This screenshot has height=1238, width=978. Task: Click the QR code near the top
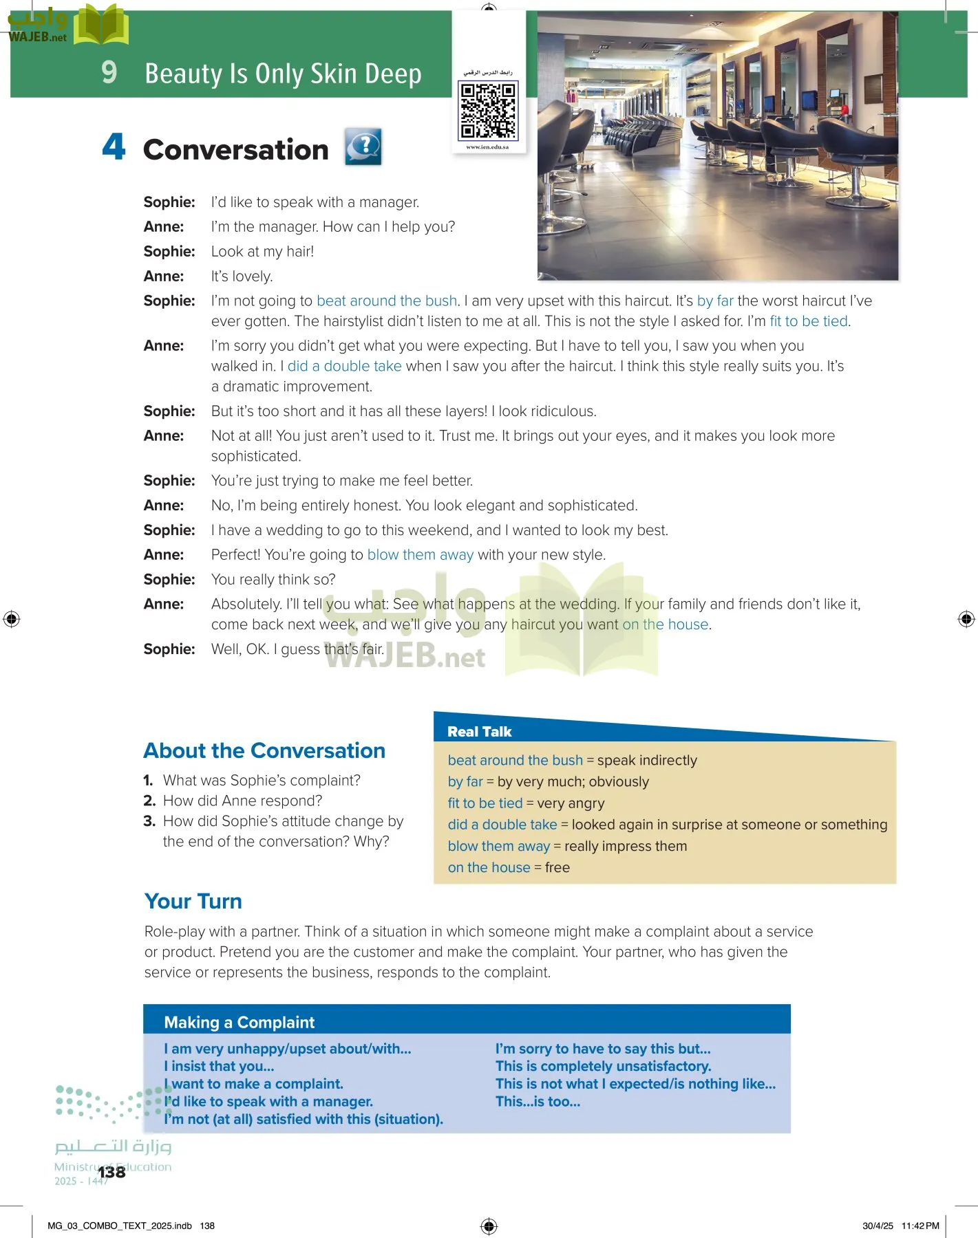pos(488,110)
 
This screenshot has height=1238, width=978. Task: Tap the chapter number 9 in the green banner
pos(109,72)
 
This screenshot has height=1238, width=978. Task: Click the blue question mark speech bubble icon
pos(363,146)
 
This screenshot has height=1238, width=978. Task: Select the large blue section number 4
pos(114,146)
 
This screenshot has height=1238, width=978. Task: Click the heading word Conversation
pos(235,150)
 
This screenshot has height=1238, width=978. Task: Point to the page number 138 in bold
pos(111,1172)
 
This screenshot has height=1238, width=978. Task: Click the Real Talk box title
pos(479,732)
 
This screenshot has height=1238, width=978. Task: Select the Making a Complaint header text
pos(239,1023)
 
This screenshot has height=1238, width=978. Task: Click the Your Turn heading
pos(193,901)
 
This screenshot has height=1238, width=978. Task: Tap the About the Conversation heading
pos(264,750)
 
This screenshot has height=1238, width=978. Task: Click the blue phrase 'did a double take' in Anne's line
pos(344,366)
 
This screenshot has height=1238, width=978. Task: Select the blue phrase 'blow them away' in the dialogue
pos(420,554)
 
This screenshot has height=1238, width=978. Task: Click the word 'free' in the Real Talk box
pos(557,867)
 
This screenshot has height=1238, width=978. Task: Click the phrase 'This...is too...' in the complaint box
pos(538,1101)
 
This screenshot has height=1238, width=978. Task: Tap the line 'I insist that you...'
pos(219,1066)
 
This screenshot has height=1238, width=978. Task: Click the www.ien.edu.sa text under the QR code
pos(487,147)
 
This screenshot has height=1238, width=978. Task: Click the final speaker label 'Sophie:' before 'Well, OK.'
pos(169,649)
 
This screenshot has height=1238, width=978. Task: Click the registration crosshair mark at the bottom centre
pos(489,1226)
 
